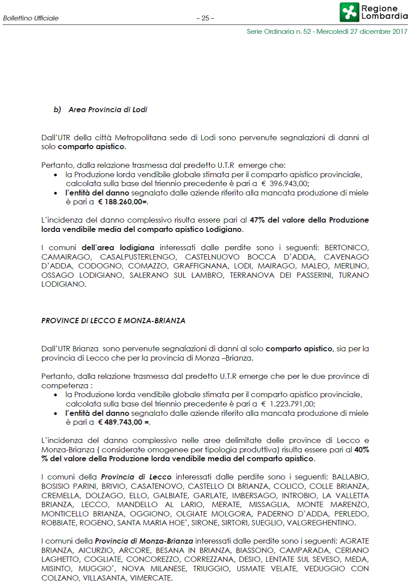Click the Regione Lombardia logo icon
click(x=350, y=12)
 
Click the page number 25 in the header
click(x=205, y=18)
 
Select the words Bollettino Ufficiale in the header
click(x=31, y=18)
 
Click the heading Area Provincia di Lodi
click(x=107, y=110)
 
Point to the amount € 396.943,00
click(x=285, y=183)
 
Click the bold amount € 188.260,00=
click(x=123, y=202)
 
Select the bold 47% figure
click(x=257, y=220)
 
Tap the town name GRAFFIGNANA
click(x=201, y=266)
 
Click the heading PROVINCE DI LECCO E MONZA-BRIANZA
click(x=113, y=321)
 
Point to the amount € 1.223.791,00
click(x=288, y=404)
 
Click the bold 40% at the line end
click(x=362, y=450)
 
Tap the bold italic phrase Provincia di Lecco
click(x=136, y=477)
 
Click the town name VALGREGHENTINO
click(x=321, y=523)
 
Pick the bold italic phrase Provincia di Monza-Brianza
click(x=144, y=541)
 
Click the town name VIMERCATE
click(x=150, y=578)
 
